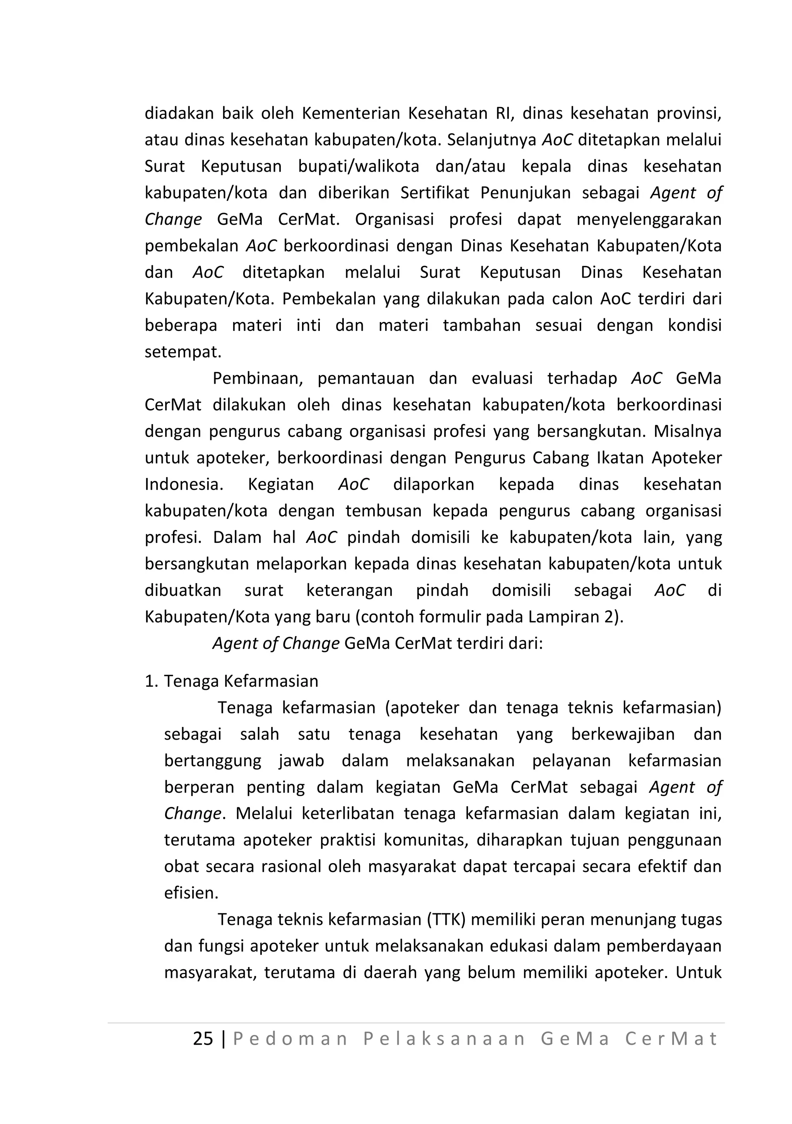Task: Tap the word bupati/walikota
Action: (358, 166)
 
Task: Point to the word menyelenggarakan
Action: (649, 219)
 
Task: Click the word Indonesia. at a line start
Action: (184, 484)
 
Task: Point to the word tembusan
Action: (383, 511)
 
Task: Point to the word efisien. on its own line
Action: (191, 893)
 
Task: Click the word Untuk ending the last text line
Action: (698, 972)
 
